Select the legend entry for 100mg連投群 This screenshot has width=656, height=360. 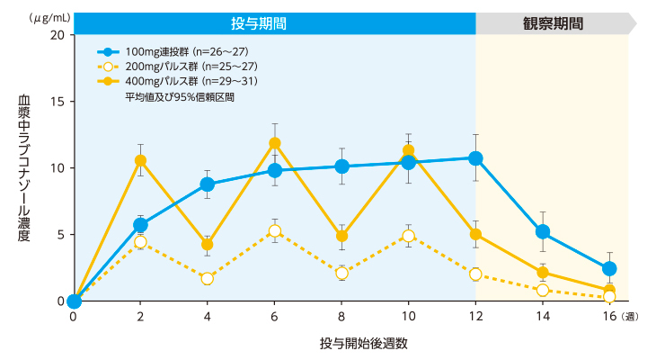tap(163, 52)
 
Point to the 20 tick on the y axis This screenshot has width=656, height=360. tap(57, 34)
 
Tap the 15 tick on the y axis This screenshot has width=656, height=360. tap(57, 101)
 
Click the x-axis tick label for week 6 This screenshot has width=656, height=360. tap(274, 318)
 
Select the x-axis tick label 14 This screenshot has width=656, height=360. tap(542, 318)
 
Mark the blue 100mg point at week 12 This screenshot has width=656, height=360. tap(475, 158)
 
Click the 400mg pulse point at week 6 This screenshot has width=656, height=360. tap(275, 143)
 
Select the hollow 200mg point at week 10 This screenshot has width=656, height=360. tap(409, 236)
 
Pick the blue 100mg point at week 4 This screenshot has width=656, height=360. tap(208, 184)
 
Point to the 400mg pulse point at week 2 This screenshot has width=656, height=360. tap(140, 160)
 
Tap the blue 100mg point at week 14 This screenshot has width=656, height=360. tap(543, 232)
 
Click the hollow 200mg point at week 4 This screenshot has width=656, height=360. tap(208, 278)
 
